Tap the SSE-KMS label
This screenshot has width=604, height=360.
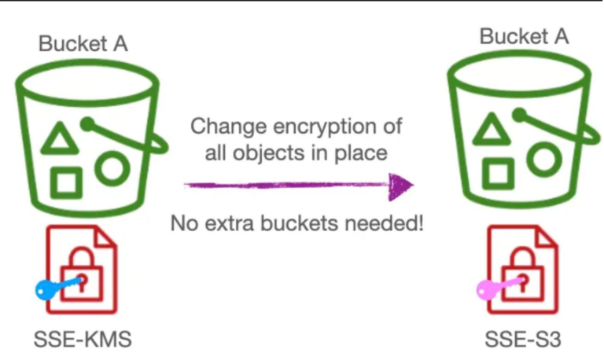pyautogui.click(x=83, y=340)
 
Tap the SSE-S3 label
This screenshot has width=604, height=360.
pyautogui.click(x=523, y=340)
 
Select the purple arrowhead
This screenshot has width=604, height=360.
pyautogui.click(x=400, y=186)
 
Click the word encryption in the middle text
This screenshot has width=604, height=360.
pyautogui.click(x=323, y=127)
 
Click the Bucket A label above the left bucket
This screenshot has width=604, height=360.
pyautogui.click(x=83, y=43)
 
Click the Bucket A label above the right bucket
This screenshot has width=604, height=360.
pyautogui.click(x=524, y=37)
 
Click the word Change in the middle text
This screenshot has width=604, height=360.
pyautogui.click(x=228, y=127)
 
